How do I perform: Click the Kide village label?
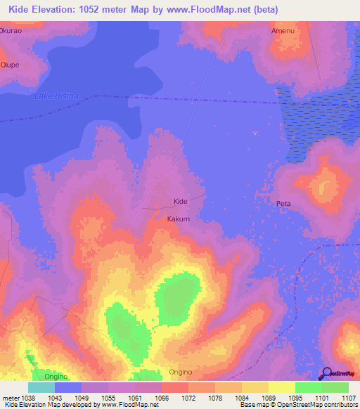pyautogui.click(x=181, y=202)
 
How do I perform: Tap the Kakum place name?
pyautogui.click(x=179, y=219)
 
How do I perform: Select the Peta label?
pyautogui.click(x=283, y=204)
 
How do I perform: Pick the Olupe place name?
pyautogui.click(x=9, y=64)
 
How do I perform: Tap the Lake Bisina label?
pyautogui.click(x=56, y=96)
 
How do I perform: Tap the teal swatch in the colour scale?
pyautogui.click(x=41, y=387)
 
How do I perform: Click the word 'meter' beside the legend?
pyautogui.click(x=10, y=398)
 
